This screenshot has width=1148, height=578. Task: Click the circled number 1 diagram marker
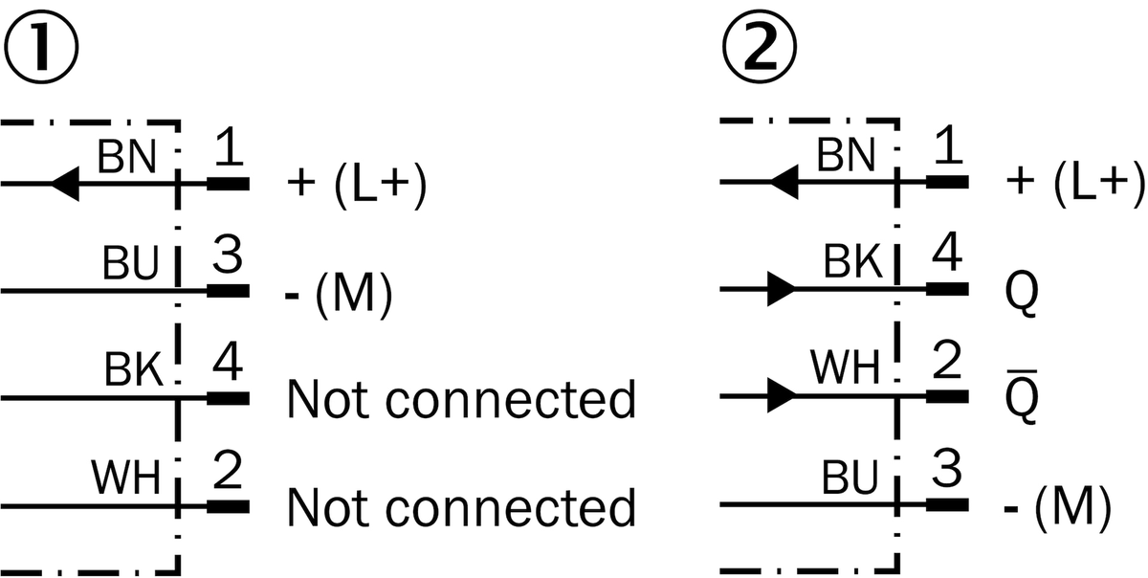click(41, 46)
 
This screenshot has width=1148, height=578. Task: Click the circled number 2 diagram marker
click(760, 46)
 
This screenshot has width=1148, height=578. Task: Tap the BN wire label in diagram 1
click(126, 157)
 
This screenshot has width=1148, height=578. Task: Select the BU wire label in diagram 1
click(131, 263)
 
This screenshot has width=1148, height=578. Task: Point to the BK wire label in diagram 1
click(134, 369)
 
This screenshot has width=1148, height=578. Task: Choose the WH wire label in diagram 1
click(126, 477)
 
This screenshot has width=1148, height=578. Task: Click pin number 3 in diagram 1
click(228, 254)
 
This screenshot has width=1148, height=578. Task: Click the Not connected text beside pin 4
click(461, 399)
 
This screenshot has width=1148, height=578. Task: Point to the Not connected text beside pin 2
click(461, 507)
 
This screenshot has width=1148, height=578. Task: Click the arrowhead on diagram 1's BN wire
click(65, 184)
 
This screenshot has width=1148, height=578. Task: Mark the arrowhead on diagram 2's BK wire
click(781, 289)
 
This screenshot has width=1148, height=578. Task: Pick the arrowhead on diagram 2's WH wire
click(781, 395)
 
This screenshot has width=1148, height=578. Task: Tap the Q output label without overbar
click(1022, 294)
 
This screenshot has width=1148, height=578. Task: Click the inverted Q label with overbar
click(1022, 396)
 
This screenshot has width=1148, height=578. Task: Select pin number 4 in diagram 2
click(946, 253)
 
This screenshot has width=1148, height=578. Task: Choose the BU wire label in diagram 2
click(850, 478)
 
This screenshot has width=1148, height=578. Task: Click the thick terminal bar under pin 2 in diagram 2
click(948, 396)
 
